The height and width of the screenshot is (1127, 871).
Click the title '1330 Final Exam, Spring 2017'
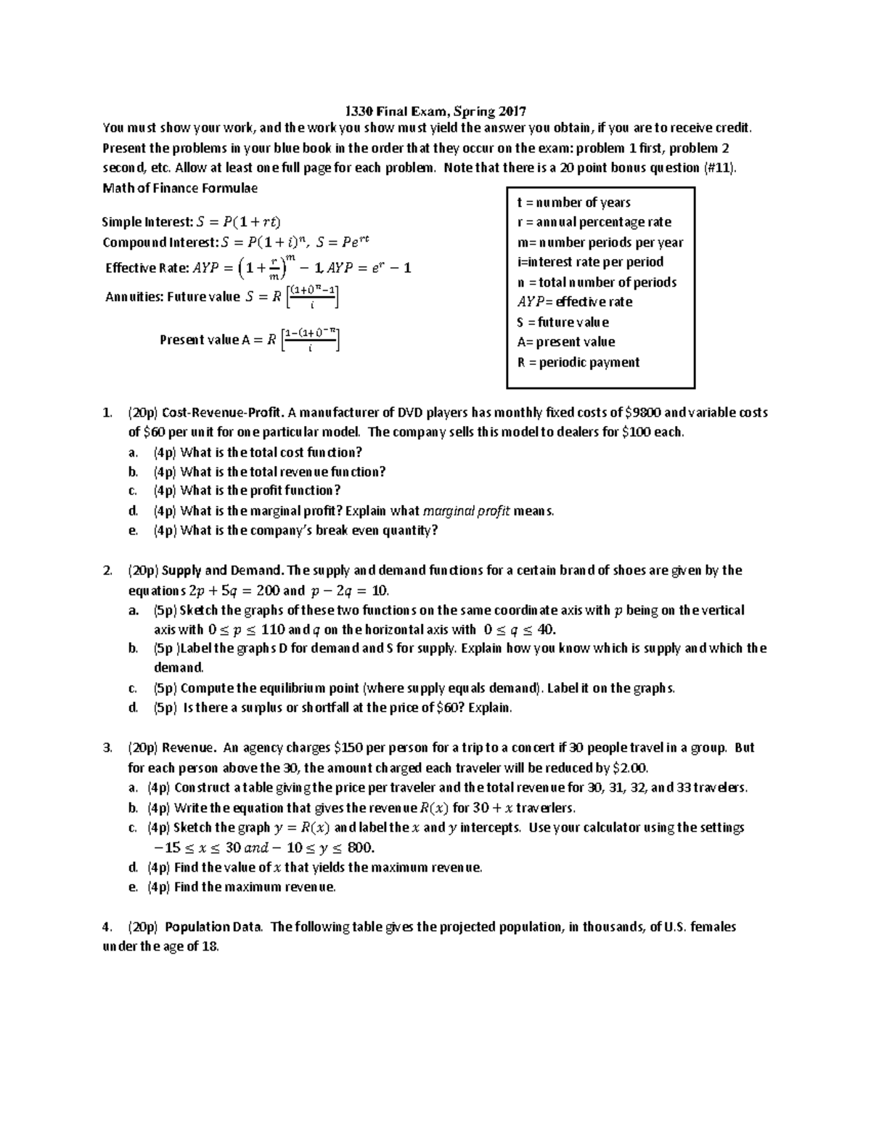(x=435, y=111)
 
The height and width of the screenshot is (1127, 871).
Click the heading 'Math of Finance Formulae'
(x=180, y=188)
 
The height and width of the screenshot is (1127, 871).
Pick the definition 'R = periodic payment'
(x=578, y=362)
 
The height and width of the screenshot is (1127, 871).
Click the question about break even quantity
(x=308, y=530)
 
